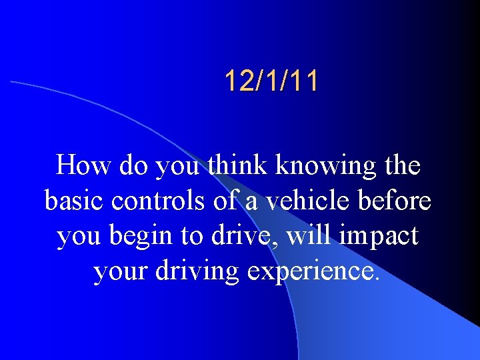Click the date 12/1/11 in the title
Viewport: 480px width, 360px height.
(x=271, y=81)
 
